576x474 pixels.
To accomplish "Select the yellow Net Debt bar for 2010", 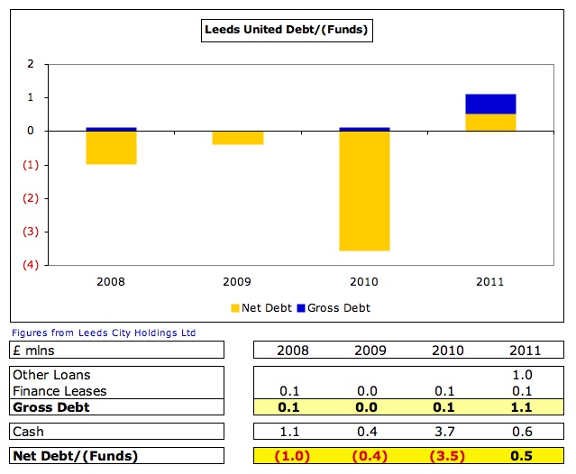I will click(x=364, y=191).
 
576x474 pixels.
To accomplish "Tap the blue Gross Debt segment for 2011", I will click(x=491, y=104).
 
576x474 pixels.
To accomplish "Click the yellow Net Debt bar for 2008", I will click(x=111, y=148).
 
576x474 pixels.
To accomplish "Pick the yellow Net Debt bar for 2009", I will click(x=238, y=138).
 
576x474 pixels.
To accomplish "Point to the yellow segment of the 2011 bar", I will click(x=491, y=123).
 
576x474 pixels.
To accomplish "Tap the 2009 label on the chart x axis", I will click(x=238, y=282).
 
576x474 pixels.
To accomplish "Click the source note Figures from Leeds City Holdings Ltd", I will click(x=104, y=333).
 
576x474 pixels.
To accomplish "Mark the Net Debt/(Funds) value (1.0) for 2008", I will click(x=293, y=456).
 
